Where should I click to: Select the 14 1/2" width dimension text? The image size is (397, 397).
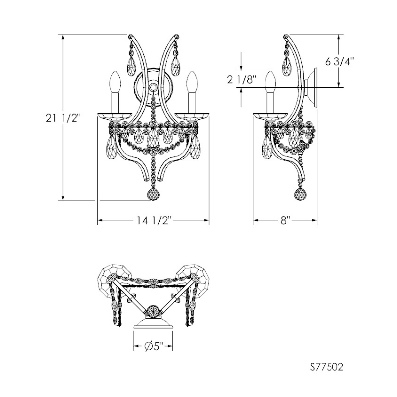pyautogui.click(x=155, y=220)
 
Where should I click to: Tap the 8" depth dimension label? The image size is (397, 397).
pyautogui.click(x=285, y=220)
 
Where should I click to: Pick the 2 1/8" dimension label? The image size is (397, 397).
pyautogui.click(x=242, y=80)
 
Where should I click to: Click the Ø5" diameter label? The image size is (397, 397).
pyautogui.click(x=154, y=346)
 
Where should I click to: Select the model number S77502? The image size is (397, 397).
pyautogui.click(x=327, y=367)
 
